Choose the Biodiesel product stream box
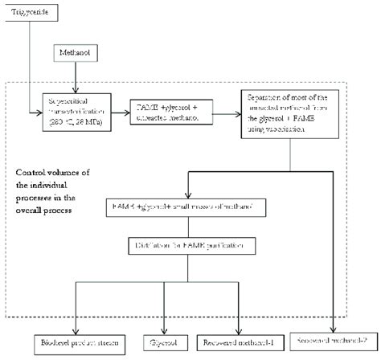tap(76, 342)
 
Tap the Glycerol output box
tap(165, 342)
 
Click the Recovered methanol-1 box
tap(240, 342)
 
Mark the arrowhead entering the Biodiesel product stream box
tap(76, 331)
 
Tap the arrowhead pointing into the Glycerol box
tap(165, 331)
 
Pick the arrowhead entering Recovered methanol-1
tap(240, 331)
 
